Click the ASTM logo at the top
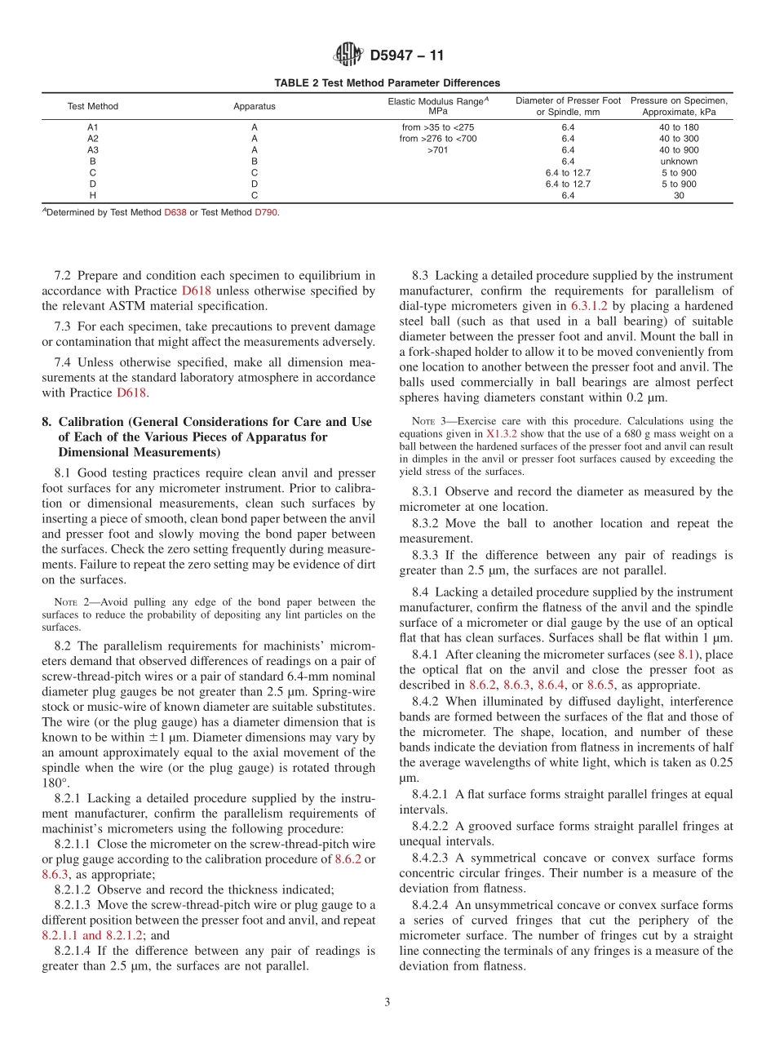click(349, 55)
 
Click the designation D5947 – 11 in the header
click(407, 56)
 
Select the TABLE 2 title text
click(387, 83)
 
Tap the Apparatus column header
click(255, 106)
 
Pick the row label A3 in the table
click(92, 150)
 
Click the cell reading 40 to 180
click(679, 127)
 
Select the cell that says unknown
click(679, 162)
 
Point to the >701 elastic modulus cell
click(438, 150)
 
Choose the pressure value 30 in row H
click(679, 196)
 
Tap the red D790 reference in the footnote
click(265, 212)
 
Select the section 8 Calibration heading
click(207, 437)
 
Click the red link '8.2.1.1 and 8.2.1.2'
click(91, 935)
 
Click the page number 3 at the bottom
click(387, 1003)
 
